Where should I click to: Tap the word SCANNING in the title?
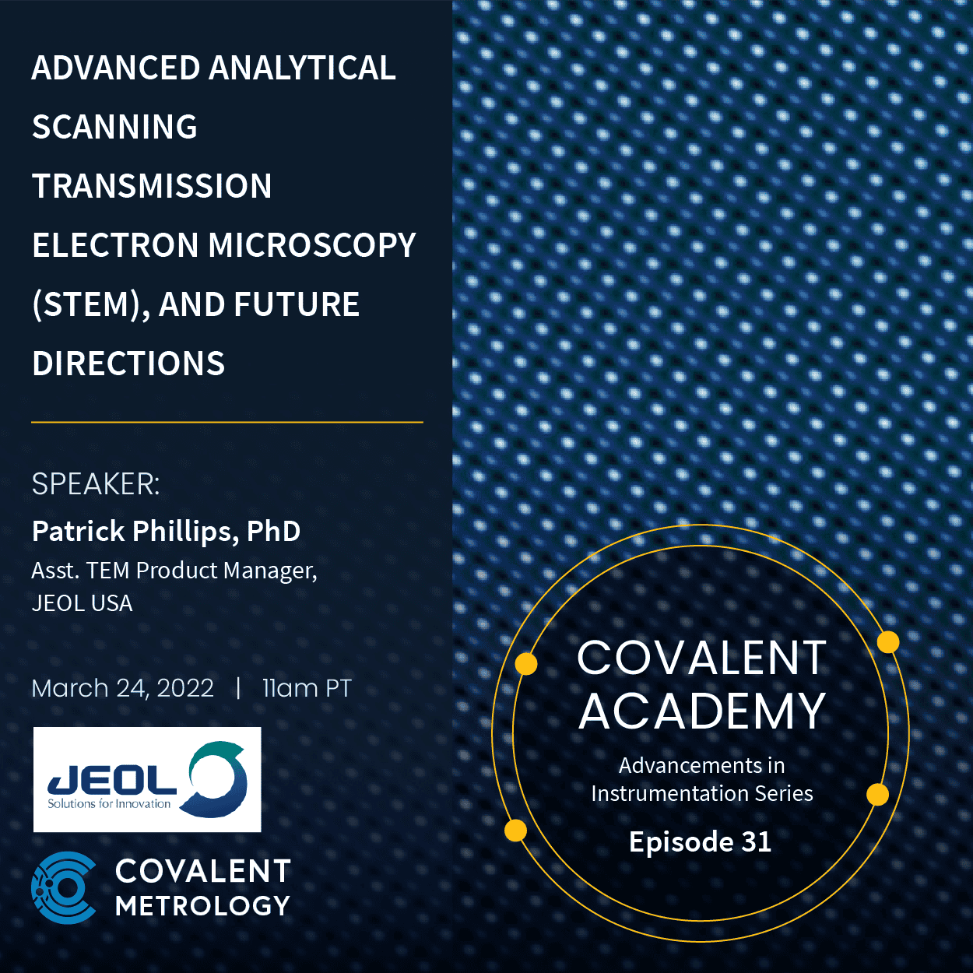(x=114, y=128)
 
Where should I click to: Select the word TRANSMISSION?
(x=152, y=187)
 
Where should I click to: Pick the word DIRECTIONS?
(x=128, y=364)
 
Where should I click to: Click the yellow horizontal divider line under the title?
(x=227, y=422)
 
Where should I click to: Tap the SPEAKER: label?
(x=96, y=484)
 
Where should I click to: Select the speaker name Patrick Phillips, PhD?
(x=166, y=532)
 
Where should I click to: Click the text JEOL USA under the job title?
(x=82, y=603)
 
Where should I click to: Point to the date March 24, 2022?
(x=122, y=688)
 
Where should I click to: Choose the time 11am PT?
(x=307, y=688)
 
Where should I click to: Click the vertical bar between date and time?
(x=238, y=688)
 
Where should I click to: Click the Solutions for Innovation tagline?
(x=109, y=804)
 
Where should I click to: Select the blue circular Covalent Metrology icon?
(x=65, y=887)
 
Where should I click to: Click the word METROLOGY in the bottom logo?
(x=202, y=906)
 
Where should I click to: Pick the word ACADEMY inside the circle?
(x=701, y=711)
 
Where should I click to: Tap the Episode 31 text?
(x=700, y=841)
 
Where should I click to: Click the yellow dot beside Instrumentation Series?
(x=877, y=794)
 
